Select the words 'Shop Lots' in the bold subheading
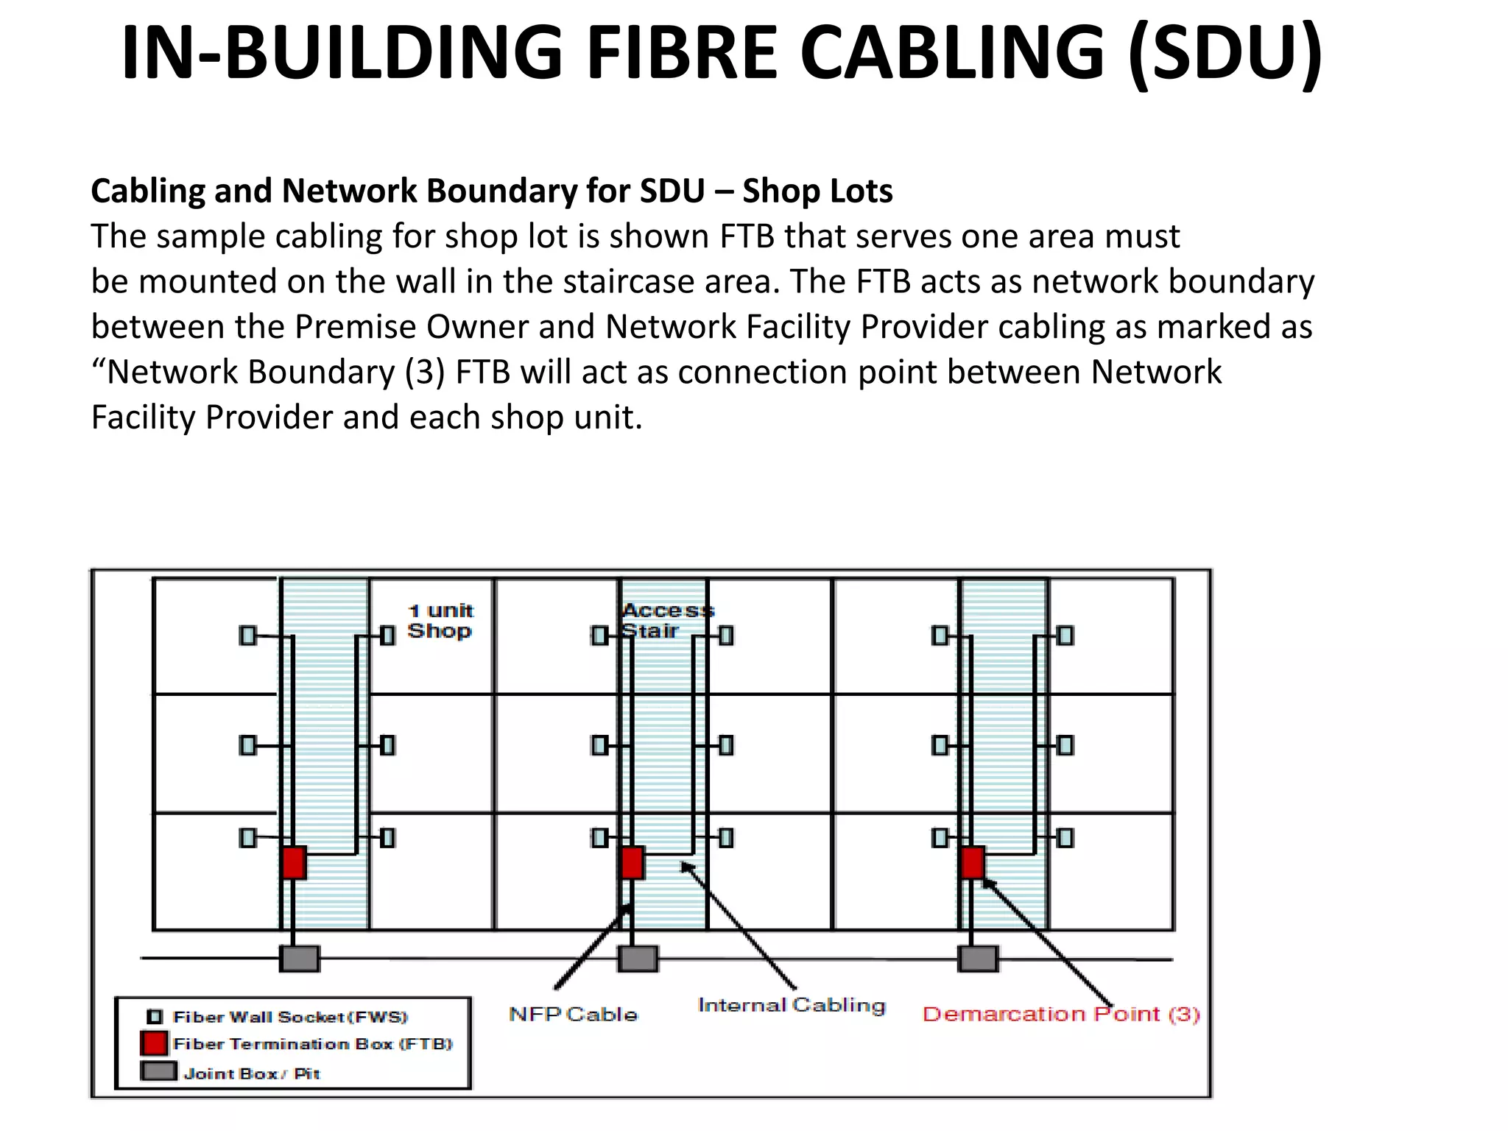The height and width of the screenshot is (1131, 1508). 817,191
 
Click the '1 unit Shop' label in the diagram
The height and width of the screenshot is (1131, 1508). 440,621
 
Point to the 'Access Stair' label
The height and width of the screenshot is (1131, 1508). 666,620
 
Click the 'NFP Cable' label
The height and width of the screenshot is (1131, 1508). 573,1015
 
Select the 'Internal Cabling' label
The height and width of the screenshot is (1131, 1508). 792,1006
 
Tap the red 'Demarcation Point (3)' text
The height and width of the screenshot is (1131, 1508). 1061,1015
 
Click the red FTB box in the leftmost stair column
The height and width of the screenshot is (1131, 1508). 294,862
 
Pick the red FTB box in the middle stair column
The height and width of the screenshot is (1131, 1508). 632,862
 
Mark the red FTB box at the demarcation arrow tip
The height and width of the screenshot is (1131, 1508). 972,862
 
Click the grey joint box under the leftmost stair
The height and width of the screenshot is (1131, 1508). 300,959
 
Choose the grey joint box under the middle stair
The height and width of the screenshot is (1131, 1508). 638,959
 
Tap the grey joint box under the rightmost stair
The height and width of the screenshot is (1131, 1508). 978,959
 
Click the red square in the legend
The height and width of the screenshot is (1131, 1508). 154,1043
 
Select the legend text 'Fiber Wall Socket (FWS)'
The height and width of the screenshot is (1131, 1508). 289,1017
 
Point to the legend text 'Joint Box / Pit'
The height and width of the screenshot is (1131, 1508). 251,1074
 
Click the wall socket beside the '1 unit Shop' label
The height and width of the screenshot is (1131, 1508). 388,635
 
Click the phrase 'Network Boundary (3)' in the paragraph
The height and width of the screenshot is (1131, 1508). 274,372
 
